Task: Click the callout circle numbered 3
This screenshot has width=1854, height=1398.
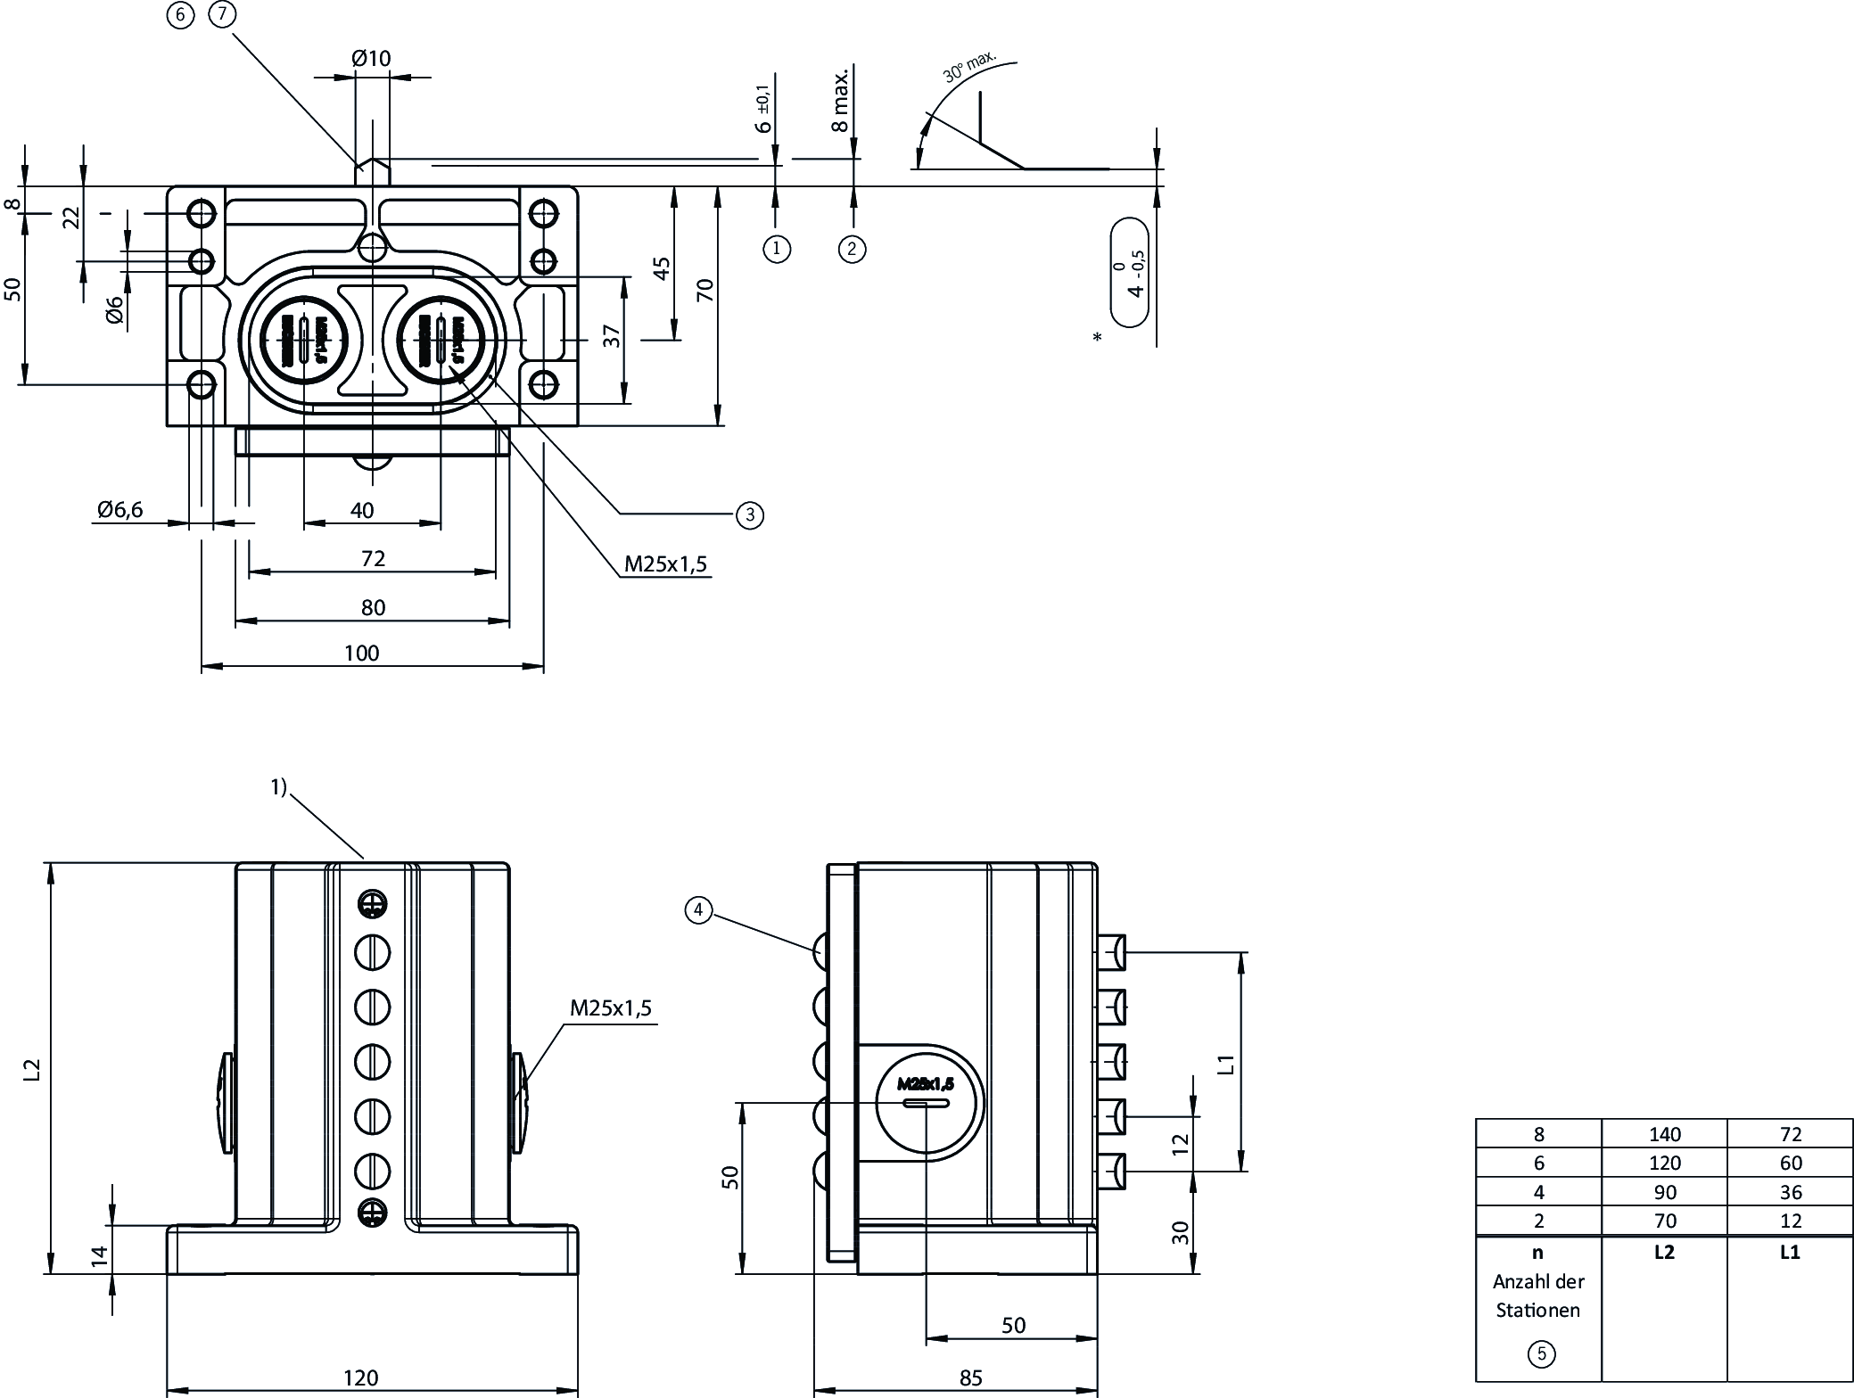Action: (750, 514)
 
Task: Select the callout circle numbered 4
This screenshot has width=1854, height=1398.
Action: (698, 909)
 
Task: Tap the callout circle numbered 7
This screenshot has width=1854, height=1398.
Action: (222, 14)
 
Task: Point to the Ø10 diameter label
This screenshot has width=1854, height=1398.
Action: (371, 58)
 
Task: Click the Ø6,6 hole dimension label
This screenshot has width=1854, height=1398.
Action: (119, 510)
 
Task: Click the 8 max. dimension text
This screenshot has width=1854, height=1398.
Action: (839, 100)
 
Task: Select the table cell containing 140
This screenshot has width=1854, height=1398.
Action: (1664, 1134)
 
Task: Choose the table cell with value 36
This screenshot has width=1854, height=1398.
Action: (1790, 1192)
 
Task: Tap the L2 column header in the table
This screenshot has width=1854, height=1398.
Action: (1664, 1252)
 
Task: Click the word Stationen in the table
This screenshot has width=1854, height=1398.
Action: (1537, 1310)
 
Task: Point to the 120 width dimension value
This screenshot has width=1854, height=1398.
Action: (361, 1378)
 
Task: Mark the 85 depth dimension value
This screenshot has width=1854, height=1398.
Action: (970, 1378)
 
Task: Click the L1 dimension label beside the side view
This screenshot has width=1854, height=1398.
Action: (1226, 1063)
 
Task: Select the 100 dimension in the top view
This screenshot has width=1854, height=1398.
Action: (361, 653)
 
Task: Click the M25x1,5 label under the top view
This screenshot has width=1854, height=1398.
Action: (665, 563)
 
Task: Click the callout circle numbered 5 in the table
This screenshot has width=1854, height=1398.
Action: (1541, 1354)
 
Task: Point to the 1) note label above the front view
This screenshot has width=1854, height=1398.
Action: (279, 786)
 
